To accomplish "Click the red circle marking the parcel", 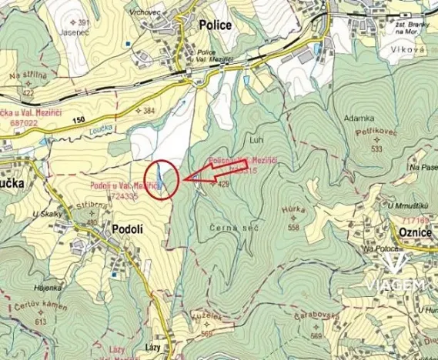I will tap(161, 179).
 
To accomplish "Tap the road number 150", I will tap(76, 120).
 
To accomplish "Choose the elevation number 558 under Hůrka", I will tap(293, 228).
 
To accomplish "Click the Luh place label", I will tap(256, 141).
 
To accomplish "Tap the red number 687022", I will tap(17, 122).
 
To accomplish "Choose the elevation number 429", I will tap(225, 185).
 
